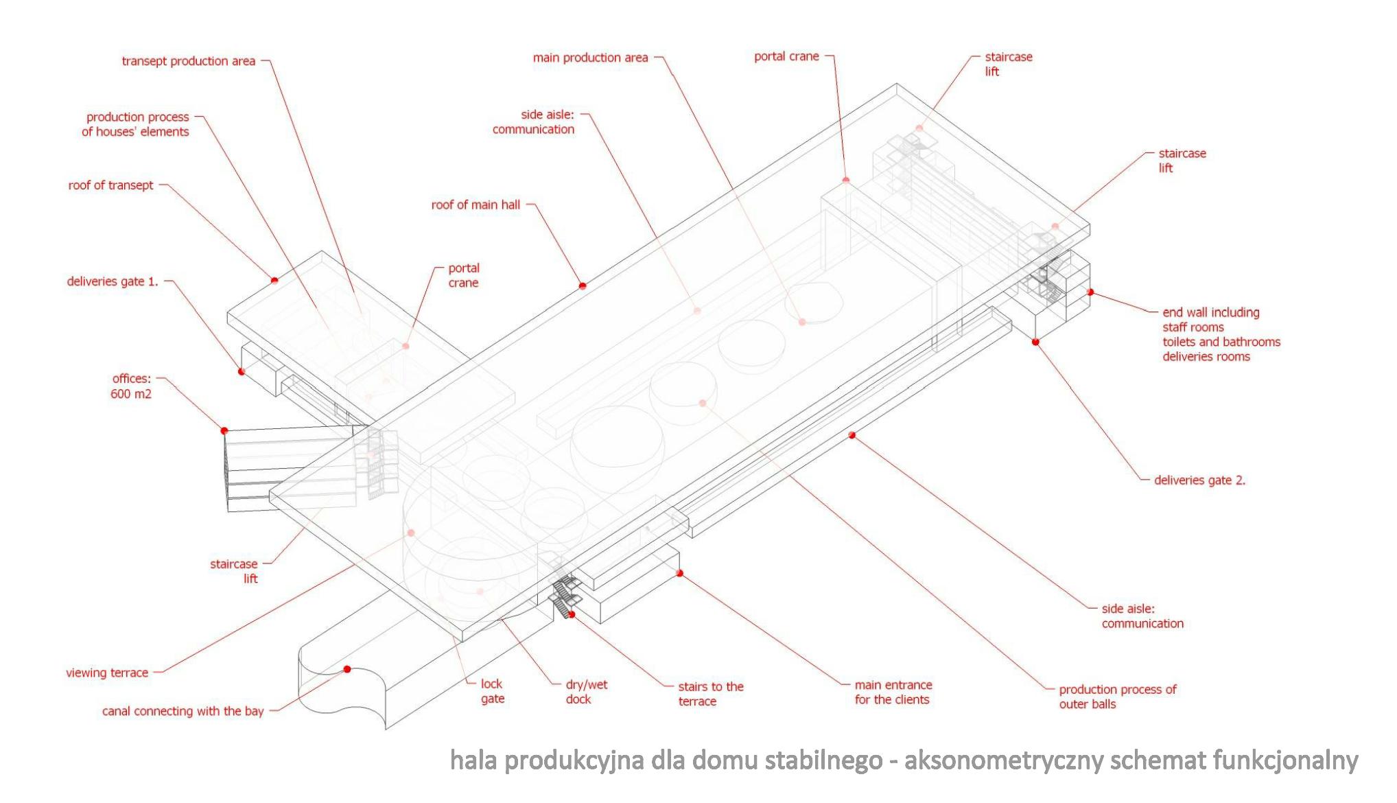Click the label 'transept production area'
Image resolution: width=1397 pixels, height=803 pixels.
pos(188,61)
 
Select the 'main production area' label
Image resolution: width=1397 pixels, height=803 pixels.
pos(590,58)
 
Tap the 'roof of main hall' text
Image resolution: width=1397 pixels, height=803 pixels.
pos(476,205)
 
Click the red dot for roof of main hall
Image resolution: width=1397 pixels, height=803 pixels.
pos(583,286)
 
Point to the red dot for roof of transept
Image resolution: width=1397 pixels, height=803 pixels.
pos(274,280)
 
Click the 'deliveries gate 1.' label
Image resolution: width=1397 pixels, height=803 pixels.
pos(113,281)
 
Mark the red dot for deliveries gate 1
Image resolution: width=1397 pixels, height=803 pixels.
pos(242,371)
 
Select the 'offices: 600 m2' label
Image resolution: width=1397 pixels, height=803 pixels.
pos(131,386)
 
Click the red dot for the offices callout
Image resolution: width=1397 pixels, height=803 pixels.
pos(224,430)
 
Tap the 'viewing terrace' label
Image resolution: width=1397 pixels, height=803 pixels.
pos(107,673)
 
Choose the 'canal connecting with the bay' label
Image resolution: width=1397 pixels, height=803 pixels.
pos(183,711)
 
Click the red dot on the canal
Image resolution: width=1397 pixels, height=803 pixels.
pos(347,669)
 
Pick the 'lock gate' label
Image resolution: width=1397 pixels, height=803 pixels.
pos(492,691)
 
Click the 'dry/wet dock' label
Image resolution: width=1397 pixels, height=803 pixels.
pos(586,692)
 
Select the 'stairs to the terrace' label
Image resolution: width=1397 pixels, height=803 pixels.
pos(710,694)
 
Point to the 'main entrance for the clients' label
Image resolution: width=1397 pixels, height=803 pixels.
pos(893,692)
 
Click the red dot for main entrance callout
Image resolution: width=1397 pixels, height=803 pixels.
pos(680,573)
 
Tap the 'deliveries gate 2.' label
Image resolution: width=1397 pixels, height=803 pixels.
pos(1199,480)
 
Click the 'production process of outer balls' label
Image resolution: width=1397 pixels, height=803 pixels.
pos(1117,697)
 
